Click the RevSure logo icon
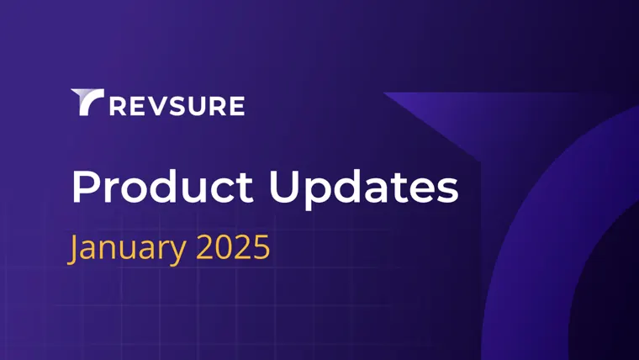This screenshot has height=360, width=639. pos(86,101)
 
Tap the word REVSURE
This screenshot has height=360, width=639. pos(177,106)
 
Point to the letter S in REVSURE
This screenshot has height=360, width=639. pos(176,106)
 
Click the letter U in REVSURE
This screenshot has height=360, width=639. pos(197,106)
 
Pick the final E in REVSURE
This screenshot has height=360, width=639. pos(237,106)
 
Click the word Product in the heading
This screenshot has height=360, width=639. pos(162,187)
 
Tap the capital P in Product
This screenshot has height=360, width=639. pos(85,187)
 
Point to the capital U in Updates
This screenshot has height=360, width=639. pos(283,187)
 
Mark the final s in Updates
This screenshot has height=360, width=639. pos(448,191)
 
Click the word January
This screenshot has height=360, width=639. pos(127,249)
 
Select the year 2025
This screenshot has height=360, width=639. pos(233,247)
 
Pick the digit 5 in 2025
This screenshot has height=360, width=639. pos(262,247)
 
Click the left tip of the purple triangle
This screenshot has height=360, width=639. pos(384,93)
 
